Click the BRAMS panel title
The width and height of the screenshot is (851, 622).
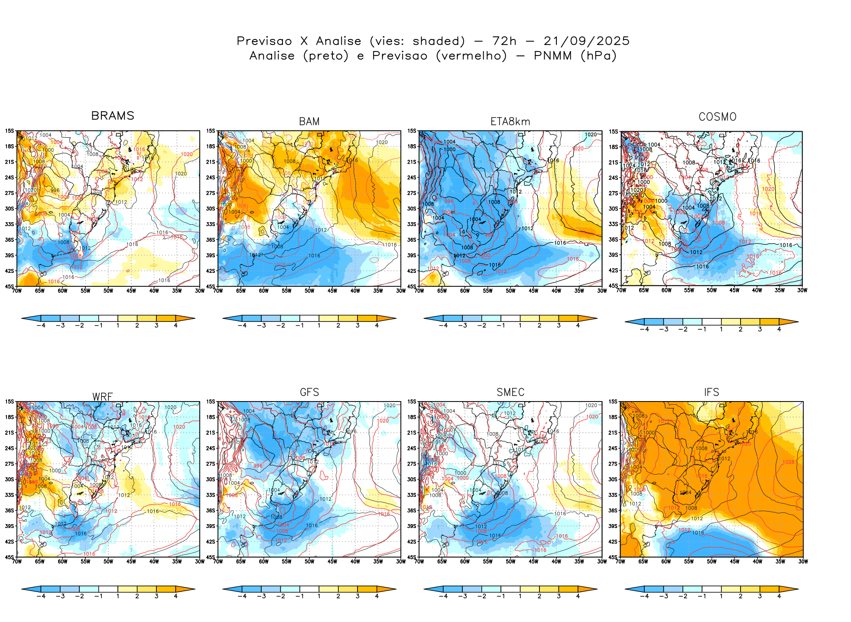[113, 116]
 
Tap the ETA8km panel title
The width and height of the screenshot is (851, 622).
[510, 122]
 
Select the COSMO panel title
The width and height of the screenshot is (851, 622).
[717, 117]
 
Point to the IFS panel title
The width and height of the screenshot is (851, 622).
[711, 392]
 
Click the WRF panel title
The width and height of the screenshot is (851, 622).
[103, 397]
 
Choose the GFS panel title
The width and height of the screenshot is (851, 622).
[309, 392]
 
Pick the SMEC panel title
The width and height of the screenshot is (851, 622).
[510, 392]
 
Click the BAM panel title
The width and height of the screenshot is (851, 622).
[309, 122]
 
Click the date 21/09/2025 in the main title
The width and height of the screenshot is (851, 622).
[586, 41]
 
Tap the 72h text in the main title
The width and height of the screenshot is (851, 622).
[504, 41]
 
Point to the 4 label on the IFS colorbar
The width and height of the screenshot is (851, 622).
[779, 596]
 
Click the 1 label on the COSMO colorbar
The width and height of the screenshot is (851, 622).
[721, 329]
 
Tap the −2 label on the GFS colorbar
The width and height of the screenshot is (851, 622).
[280, 596]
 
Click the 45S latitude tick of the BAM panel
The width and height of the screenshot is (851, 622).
[211, 286]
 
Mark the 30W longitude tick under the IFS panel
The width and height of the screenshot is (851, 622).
[803, 561]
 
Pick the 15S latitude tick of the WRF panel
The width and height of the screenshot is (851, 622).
[10, 402]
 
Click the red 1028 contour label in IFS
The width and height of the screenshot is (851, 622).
[788, 462]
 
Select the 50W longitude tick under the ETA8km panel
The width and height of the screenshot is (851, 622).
[510, 291]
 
